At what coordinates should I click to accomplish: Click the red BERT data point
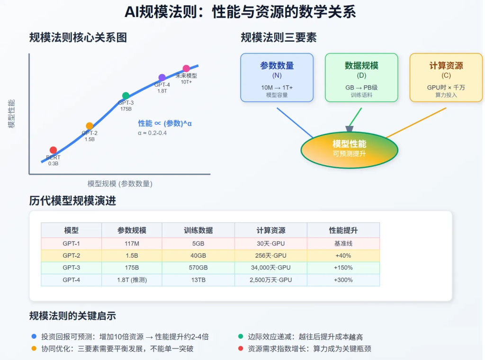pyautogui.click(x=53, y=150)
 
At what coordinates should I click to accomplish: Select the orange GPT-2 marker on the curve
pyautogui.click(x=90, y=126)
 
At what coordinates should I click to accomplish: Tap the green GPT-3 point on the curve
pyautogui.click(x=126, y=96)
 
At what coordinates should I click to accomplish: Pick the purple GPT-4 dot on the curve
pyautogui.click(x=162, y=77)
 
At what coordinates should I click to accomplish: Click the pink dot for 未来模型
pyautogui.click(x=186, y=68)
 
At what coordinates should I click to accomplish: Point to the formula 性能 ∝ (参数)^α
pyautogui.click(x=165, y=124)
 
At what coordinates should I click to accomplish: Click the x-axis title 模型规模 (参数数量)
pyautogui.click(x=120, y=184)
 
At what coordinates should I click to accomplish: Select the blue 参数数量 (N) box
pyautogui.click(x=277, y=77)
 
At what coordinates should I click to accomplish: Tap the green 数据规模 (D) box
pyautogui.click(x=361, y=77)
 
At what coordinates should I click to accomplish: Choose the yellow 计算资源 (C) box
pyautogui.click(x=446, y=77)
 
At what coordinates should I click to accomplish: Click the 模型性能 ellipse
pyautogui.click(x=349, y=150)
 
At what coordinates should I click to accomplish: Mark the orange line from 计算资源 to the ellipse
pyautogui.click(x=416, y=123)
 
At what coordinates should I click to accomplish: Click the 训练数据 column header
pyautogui.click(x=198, y=230)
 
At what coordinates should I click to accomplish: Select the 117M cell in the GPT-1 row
pyautogui.click(x=132, y=244)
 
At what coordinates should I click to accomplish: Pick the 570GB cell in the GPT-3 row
pyautogui.click(x=198, y=268)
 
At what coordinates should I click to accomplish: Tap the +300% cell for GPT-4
pyautogui.click(x=343, y=280)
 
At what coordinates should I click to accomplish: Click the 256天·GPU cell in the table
pyautogui.click(x=271, y=256)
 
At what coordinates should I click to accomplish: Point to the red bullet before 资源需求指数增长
pyautogui.click(x=241, y=349)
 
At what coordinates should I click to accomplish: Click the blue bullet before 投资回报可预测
pyautogui.click(x=34, y=336)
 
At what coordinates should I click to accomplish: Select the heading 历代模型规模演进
pyautogui.click(x=72, y=201)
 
